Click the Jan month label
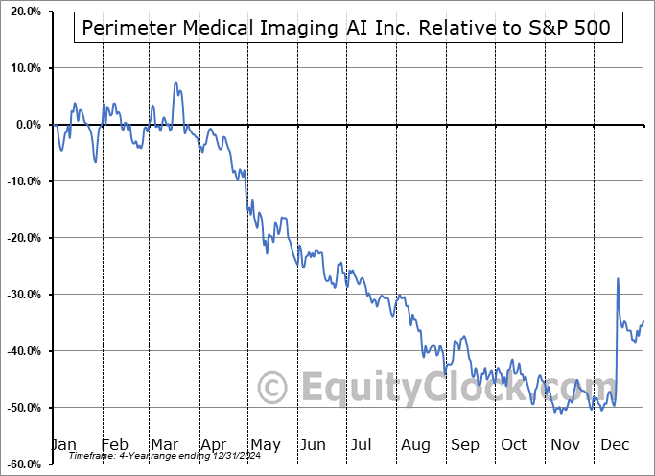[63, 444]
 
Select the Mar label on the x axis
[165, 444]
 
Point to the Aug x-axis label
[415, 444]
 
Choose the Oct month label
[514, 444]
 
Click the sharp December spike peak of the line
[618, 278]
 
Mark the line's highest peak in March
[175, 83]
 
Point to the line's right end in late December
[643, 321]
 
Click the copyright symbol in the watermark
[274, 389]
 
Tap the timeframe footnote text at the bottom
[140, 457]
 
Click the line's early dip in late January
[95, 160]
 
